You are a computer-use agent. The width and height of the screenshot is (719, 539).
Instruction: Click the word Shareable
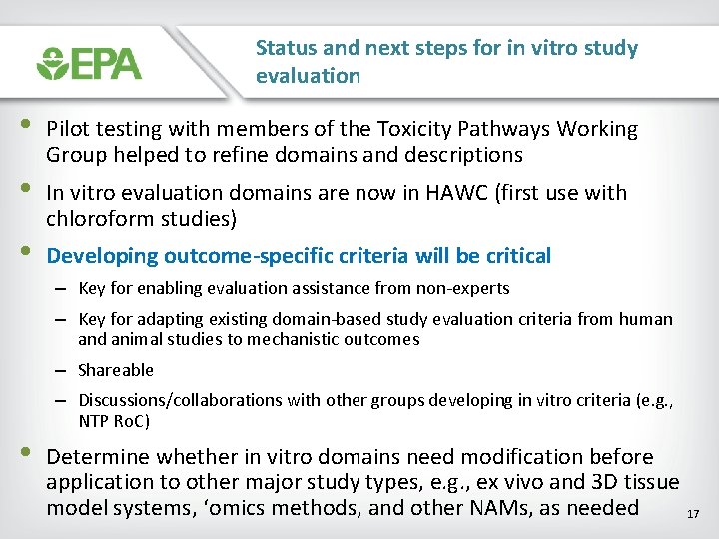tap(116, 370)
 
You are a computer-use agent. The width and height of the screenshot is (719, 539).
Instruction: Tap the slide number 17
tap(694, 514)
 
